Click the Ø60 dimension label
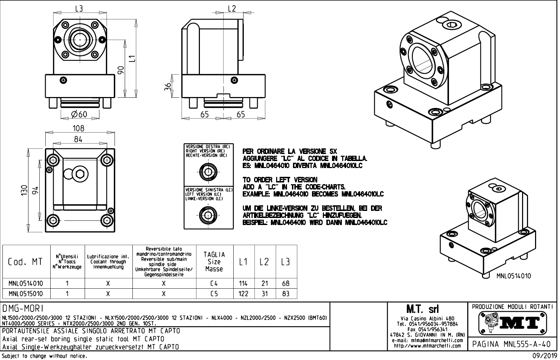79,114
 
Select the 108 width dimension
78,128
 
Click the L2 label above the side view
232,9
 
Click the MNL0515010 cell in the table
26,294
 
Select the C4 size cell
214,283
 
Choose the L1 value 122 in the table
243,294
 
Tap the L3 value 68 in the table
286,283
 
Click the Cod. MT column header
25,262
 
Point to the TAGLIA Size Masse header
214,262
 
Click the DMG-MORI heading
23,309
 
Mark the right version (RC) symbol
208,172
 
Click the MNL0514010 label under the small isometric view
513,276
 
